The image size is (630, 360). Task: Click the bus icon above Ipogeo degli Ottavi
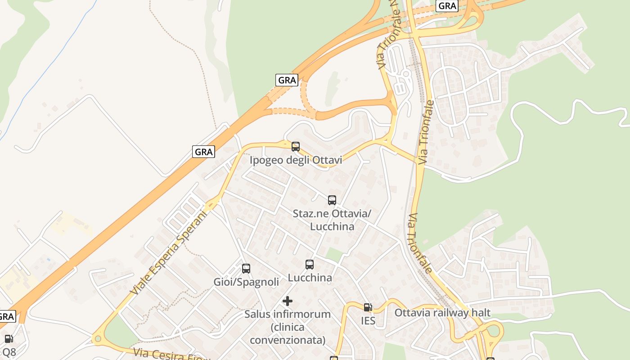pos(296,146)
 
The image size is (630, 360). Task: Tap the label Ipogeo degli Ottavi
pos(296,160)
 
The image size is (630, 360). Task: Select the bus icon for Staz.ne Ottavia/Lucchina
pos(332,200)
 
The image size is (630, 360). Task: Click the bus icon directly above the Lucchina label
pos(310,265)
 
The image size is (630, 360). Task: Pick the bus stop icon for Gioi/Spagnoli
pos(246,269)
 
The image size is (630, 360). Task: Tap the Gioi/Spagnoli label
pos(246,282)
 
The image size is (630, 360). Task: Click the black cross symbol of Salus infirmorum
pos(288,301)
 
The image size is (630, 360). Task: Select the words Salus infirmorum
pos(288,314)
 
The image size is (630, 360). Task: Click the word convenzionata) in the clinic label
pos(288,340)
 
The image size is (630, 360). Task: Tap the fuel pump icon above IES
pos(368,307)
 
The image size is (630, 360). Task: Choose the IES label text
pos(368,320)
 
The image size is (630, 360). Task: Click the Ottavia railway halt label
pos(442,313)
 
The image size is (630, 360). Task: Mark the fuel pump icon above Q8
pos(9,339)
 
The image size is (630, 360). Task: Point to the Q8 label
pos(9,351)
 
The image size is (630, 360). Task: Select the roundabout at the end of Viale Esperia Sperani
pos(97,338)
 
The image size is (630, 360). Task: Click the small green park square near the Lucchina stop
pos(334,255)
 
